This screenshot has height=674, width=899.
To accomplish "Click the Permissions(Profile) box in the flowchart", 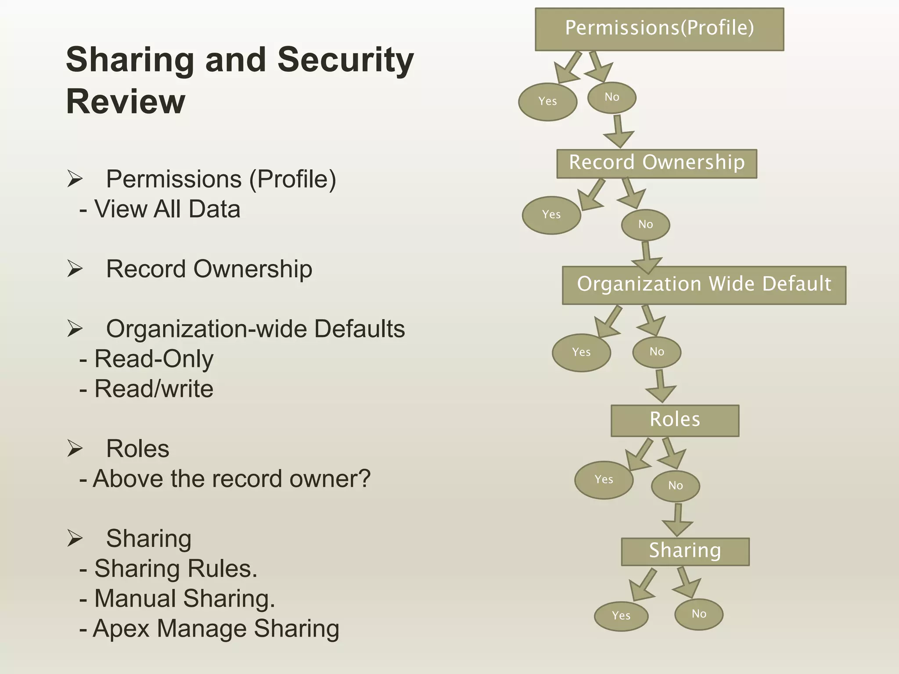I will pyautogui.click(x=659, y=29).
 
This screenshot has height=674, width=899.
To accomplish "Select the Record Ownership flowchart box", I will pyautogui.click(x=657, y=163).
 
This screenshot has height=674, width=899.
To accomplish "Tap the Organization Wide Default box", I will pyautogui.click(x=704, y=285).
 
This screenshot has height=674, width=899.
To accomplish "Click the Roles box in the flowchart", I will pyautogui.click(x=675, y=420).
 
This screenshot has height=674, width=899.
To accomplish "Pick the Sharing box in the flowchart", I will pyautogui.click(x=685, y=551).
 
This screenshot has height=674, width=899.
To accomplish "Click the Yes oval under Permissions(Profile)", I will pyautogui.click(x=547, y=102).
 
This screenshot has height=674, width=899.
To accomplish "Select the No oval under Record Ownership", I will pyautogui.click(x=645, y=225).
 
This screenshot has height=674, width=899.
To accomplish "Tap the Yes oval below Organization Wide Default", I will pyautogui.click(x=581, y=352).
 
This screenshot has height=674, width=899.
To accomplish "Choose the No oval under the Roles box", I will pyautogui.click(x=675, y=486).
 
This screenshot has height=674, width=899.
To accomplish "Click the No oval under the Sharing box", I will pyautogui.click(x=698, y=614).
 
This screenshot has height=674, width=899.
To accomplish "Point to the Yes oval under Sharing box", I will pyautogui.click(x=621, y=616).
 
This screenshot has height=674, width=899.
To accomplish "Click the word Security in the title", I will pyautogui.click(x=345, y=60).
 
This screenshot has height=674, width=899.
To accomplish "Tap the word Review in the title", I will pyautogui.click(x=126, y=102).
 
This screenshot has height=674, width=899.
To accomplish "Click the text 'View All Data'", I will pyautogui.click(x=167, y=209).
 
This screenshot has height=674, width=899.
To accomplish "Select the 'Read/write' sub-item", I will pyautogui.click(x=154, y=389).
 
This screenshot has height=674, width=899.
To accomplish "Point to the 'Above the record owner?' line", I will pyautogui.click(x=231, y=479).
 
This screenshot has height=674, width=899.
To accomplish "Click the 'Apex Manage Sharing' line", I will pyautogui.click(x=216, y=628).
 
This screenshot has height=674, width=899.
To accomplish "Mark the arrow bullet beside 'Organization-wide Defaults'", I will pyautogui.click(x=75, y=329).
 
